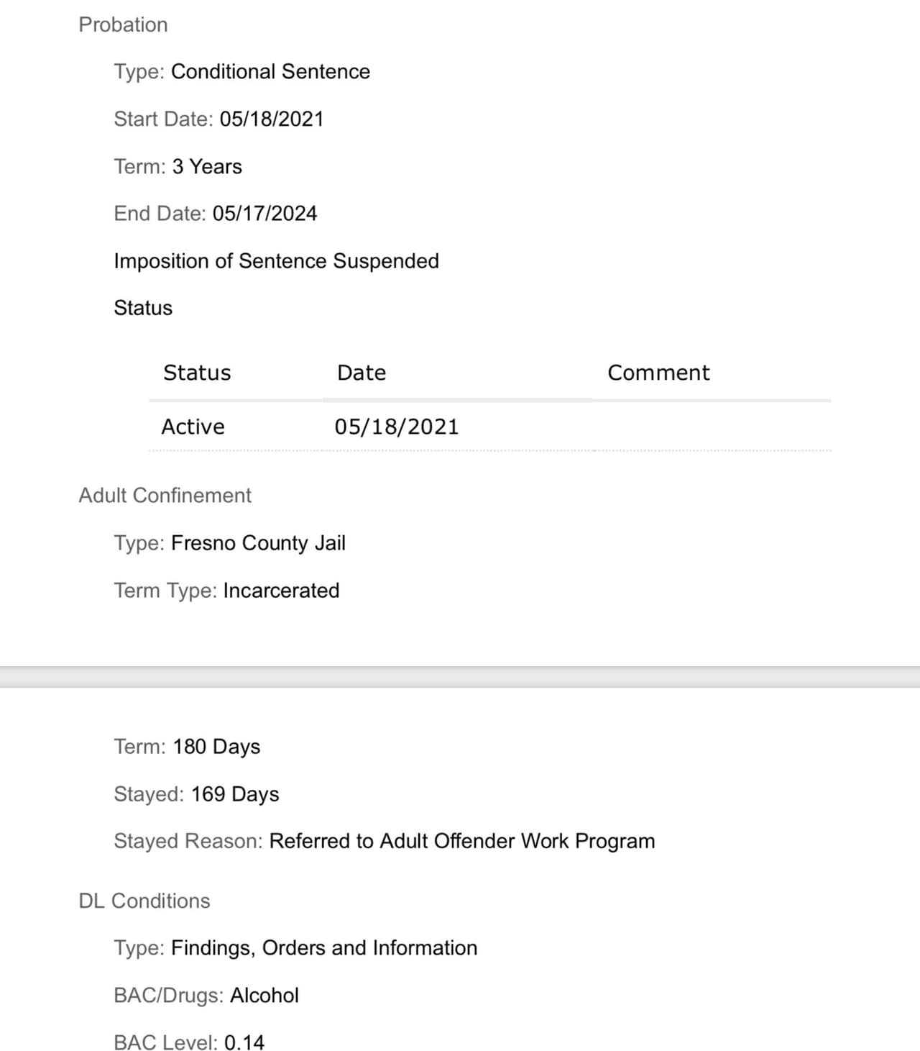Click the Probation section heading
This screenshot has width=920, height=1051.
123,24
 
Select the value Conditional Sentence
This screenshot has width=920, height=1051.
270,72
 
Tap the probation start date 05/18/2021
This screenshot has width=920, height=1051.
272,119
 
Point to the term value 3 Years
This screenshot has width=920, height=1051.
207,166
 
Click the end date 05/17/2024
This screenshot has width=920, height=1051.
264,214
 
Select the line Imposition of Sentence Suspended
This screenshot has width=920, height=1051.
276,260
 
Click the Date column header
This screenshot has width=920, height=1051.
362,373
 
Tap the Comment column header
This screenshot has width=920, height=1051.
658,373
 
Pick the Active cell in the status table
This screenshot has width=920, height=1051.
193,427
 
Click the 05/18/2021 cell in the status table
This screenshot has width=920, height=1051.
396,427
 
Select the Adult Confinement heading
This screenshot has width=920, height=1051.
165,496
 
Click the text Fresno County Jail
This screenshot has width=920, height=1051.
258,543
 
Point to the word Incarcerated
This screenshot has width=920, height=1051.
281,591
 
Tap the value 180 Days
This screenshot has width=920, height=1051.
216,747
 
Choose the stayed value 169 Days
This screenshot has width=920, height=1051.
235,794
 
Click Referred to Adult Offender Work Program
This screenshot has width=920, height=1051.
461,841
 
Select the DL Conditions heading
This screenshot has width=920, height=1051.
144,901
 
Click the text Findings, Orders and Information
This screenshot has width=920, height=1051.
324,948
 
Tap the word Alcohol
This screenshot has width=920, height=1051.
264,996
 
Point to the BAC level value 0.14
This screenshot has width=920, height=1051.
244,1042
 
